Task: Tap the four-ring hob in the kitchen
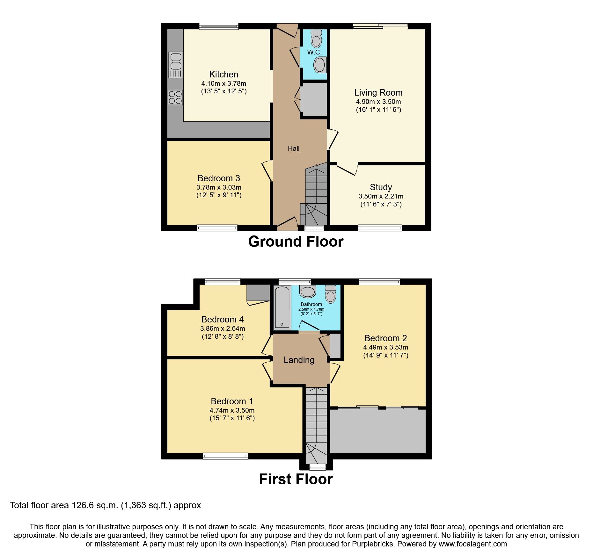click(175, 97)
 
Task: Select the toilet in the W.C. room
click(316, 39)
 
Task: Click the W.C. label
click(314, 52)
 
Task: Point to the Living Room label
click(378, 93)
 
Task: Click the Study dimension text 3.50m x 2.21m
click(381, 196)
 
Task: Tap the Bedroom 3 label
click(219, 178)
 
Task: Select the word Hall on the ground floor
click(294, 148)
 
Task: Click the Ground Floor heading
click(296, 242)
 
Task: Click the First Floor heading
click(296, 479)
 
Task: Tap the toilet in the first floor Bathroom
click(331, 293)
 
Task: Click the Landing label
click(299, 360)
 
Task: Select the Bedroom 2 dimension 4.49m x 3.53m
click(385, 347)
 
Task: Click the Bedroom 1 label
click(232, 401)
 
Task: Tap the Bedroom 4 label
click(223, 319)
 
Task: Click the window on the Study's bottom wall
click(380, 227)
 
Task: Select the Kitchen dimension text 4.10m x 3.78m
click(223, 83)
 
